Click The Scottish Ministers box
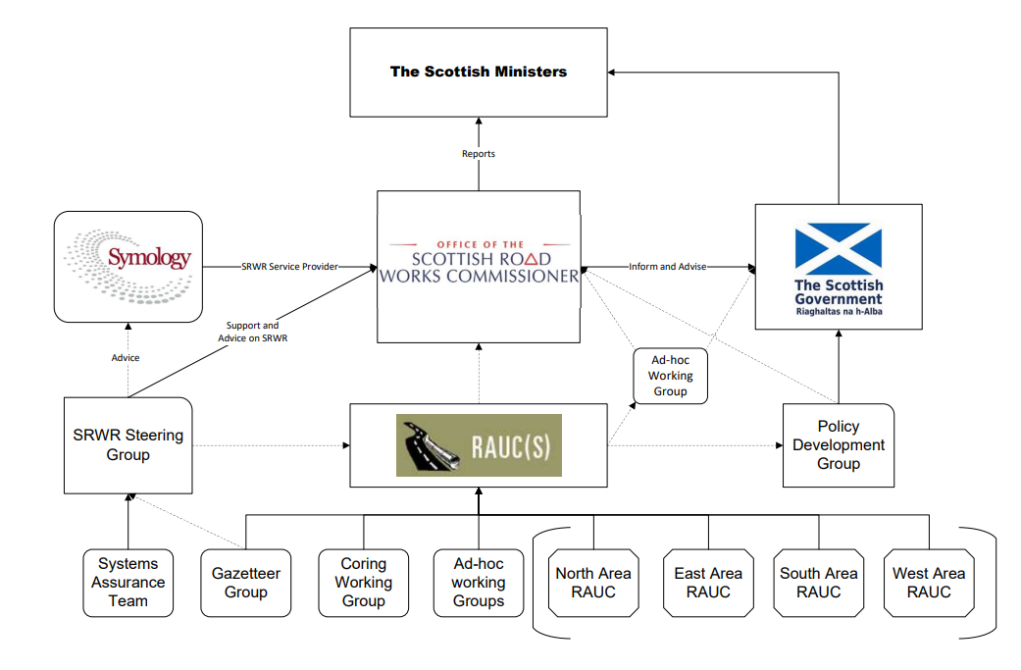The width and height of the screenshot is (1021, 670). (479, 72)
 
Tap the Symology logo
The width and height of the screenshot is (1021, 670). (128, 260)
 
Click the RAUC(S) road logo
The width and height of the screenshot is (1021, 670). (479, 445)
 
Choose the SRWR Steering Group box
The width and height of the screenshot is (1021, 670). (128, 445)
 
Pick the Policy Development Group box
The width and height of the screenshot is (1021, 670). (838, 445)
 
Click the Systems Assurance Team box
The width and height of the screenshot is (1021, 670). (128, 583)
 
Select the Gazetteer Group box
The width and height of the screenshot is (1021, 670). (245, 583)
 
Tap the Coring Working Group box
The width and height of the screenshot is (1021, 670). (363, 583)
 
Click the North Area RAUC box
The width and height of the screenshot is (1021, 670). (593, 583)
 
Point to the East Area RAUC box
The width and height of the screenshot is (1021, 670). (708, 583)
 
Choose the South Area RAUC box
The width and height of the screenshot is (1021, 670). (819, 583)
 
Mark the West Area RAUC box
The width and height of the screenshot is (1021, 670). (928, 583)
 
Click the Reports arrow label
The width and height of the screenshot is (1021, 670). (479, 154)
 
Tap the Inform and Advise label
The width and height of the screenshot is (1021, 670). (667, 267)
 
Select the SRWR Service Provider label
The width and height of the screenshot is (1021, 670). (291, 267)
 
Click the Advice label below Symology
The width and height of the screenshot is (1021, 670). (126, 358)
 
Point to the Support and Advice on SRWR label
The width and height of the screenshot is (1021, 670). (252, 332)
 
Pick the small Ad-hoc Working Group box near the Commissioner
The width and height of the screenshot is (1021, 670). (670, 376)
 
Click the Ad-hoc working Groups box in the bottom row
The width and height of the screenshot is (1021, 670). (479, 583)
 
